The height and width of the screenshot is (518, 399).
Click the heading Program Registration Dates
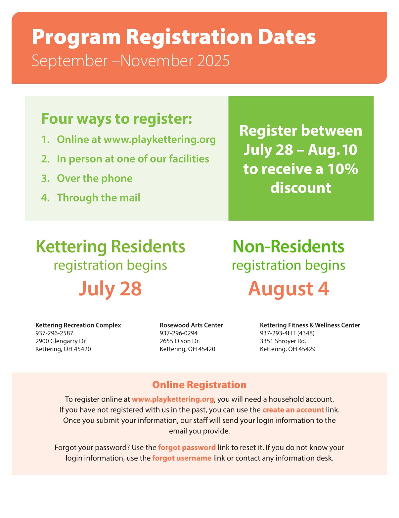tap(174, 37)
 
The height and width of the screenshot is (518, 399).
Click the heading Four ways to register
tap(116, 119)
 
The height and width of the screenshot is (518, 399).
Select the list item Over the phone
tap(95, 178)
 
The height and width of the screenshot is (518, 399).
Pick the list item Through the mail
tap(99, 198)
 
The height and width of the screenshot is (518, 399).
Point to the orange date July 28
tap(110, 288)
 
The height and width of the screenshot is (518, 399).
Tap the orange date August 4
tap(288, 288)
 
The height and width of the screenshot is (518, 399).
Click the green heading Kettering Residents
tap(110, 247)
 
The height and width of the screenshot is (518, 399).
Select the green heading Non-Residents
tap(288, 247)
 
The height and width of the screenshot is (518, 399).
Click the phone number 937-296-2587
tap(54, 333)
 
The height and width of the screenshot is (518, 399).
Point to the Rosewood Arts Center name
tap(191, 325)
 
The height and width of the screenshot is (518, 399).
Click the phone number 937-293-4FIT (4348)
tap(287, 333)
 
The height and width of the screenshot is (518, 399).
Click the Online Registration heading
tap(199, 385)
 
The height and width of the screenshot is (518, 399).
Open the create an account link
tap(293, 410)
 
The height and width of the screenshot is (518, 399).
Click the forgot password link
tap(187, 448)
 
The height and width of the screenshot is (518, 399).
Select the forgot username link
tap(182, 458)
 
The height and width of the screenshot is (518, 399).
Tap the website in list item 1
tap(159, 140)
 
